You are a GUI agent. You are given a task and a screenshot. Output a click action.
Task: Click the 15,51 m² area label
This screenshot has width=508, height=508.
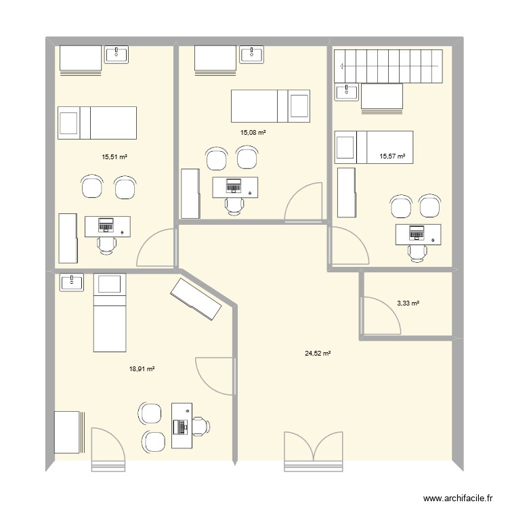click(114, 156)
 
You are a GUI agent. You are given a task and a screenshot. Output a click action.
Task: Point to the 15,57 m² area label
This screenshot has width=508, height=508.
click(392, 156)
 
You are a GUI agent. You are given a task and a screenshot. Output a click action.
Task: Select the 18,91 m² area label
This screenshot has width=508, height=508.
click(142, 369)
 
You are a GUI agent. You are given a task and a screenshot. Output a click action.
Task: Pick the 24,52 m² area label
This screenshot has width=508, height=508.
click(317, 353)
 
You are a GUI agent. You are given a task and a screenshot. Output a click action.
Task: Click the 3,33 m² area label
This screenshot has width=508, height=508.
click(408, 303)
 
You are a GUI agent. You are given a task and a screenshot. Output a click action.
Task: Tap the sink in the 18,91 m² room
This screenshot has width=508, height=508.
click(71, 282)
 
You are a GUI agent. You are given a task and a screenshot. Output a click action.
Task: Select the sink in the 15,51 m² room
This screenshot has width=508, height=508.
click(119, 54)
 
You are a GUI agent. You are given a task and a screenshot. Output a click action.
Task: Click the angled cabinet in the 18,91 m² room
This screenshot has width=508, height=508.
click(196, 299)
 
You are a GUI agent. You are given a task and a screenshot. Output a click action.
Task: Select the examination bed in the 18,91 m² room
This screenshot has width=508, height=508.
click(110, 313)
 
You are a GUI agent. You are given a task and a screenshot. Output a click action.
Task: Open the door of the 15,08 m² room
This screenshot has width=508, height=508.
click(304, 203)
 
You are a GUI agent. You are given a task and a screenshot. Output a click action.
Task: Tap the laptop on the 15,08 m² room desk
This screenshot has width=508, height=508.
click(234, 184)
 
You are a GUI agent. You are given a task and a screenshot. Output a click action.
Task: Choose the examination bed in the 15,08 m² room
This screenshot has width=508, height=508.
click(271, 106)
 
